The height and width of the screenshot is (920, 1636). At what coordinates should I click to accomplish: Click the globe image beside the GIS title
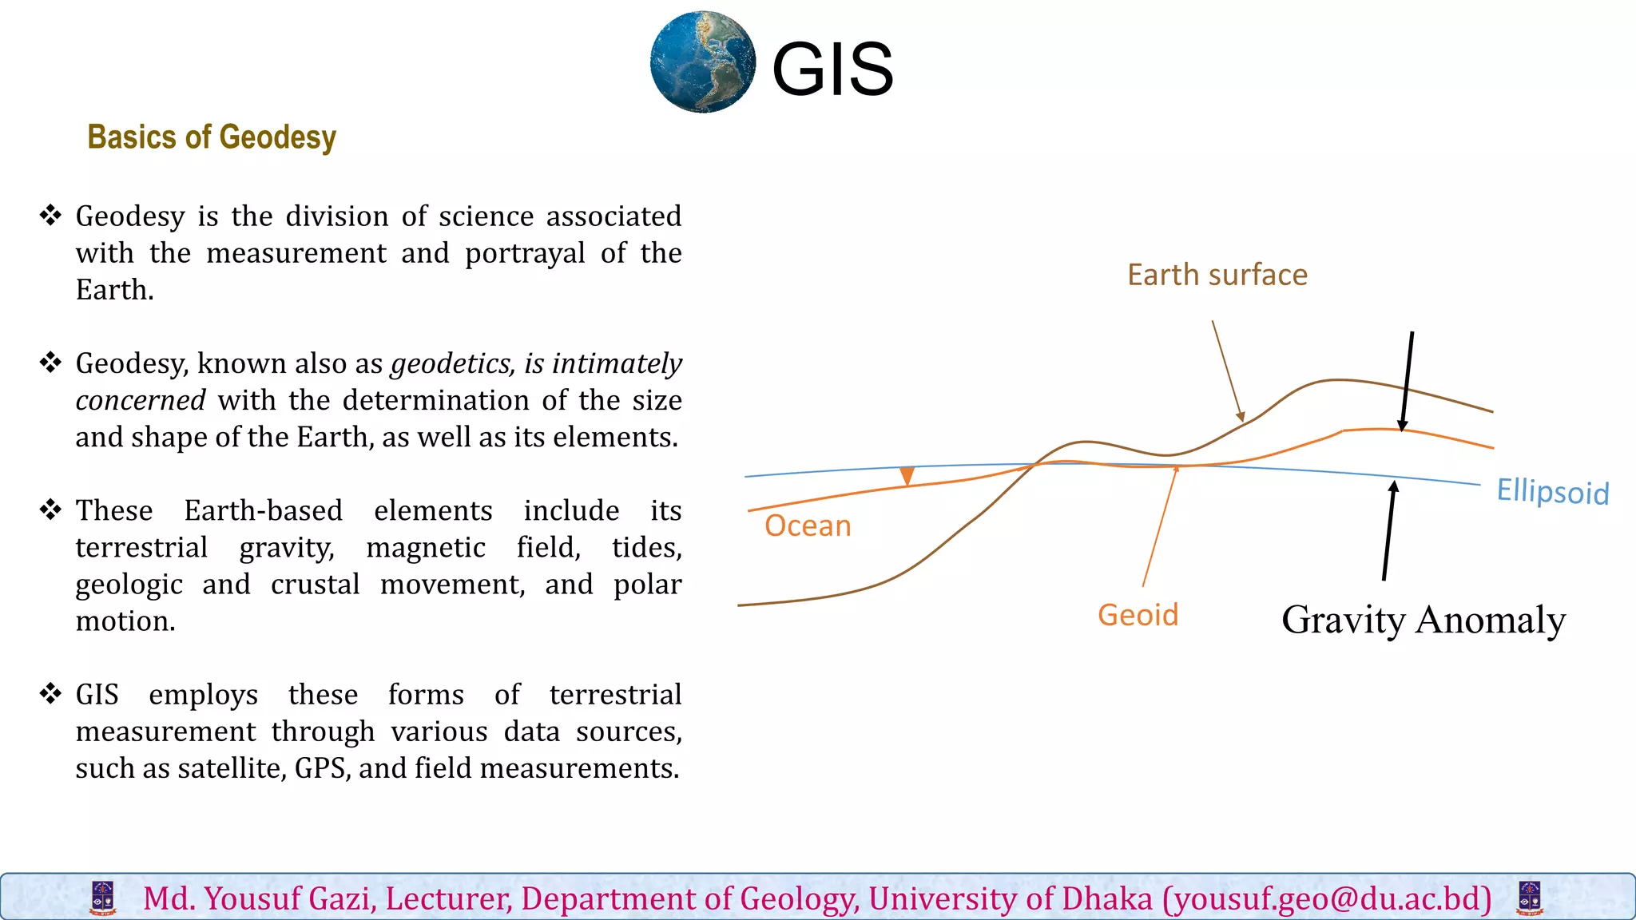[702, 62]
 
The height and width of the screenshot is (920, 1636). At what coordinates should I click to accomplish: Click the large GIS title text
[832, 70]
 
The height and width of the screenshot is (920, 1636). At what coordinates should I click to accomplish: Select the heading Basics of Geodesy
[212, 137]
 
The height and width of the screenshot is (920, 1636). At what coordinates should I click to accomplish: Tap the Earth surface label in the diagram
[1217, 275]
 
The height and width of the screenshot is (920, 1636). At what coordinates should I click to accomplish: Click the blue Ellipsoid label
[1552, 491]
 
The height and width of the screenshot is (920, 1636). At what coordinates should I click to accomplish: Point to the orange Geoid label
[1138, 615]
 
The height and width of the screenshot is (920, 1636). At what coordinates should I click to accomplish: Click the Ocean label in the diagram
[808, 525]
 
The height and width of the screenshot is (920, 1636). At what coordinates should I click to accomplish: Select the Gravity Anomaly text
[1423, 620]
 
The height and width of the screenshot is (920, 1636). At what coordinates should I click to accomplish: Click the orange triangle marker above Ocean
[907, 477]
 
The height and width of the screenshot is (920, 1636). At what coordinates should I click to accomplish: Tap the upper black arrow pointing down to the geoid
[1408, 382]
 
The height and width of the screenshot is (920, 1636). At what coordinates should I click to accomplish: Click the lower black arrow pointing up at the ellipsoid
[1389, 531]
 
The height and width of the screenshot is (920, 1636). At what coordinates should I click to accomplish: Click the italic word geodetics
[452, 364]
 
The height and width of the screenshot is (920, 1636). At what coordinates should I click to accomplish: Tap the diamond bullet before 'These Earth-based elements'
[50, 510]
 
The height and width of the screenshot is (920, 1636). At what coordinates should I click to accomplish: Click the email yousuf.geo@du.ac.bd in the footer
[1327, 898]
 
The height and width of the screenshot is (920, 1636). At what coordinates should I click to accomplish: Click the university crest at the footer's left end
[103, 898]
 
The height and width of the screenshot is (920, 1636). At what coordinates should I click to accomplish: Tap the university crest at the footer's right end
[1529, 898]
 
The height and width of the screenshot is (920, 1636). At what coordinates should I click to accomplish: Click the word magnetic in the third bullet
[425, 548]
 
